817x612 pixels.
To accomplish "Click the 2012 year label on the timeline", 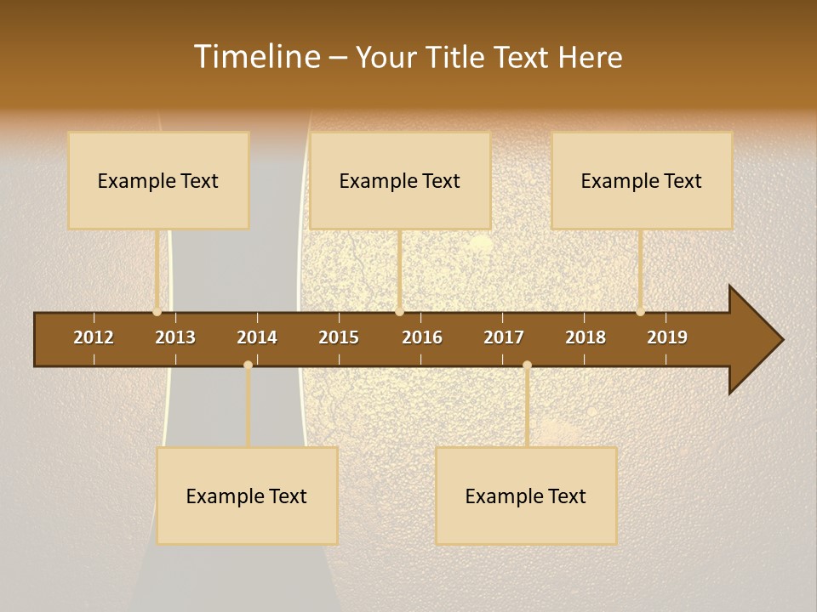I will click(x=94, y=337).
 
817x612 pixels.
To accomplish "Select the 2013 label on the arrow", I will click(x=175, y=337).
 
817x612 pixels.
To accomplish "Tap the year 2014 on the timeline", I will click(x=257, y=337).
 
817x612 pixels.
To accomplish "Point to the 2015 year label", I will click(x=339, y=337).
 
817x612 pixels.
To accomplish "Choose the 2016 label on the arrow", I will click(x=422, y=337).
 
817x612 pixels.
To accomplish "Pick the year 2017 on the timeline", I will click(x=504, y=337).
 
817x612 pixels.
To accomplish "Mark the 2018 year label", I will click(x=586, y=337).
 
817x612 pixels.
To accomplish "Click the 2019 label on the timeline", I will click(x=667, y=337).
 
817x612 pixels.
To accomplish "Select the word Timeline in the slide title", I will click(x=256, y=57).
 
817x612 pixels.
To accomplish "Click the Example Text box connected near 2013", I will click(x=158, y=180).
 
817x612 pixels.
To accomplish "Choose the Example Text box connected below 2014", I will click(x=247, y=496).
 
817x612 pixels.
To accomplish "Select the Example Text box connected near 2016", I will click(x=400, y=180).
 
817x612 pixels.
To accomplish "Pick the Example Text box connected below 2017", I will click(x=526, y=496).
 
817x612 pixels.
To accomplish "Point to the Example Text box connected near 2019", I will click(x=642, y=180).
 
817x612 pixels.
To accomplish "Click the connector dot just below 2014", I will click(x=248, y=365).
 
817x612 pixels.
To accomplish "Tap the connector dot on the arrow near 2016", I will click(x=400, y=312).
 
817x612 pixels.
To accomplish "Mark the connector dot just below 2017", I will click(x=527, y=365).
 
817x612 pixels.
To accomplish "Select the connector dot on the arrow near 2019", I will click(x=640, y=312).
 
